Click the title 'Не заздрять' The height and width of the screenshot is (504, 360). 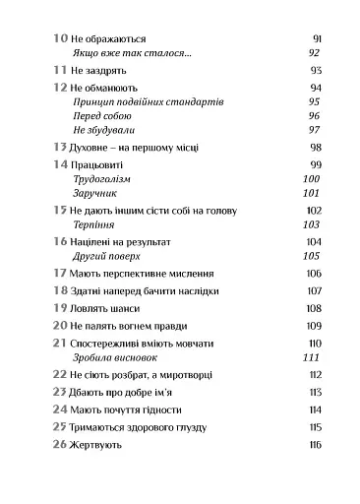click(x=102, y=72)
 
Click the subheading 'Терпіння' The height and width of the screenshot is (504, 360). click(x=94, y=225)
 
